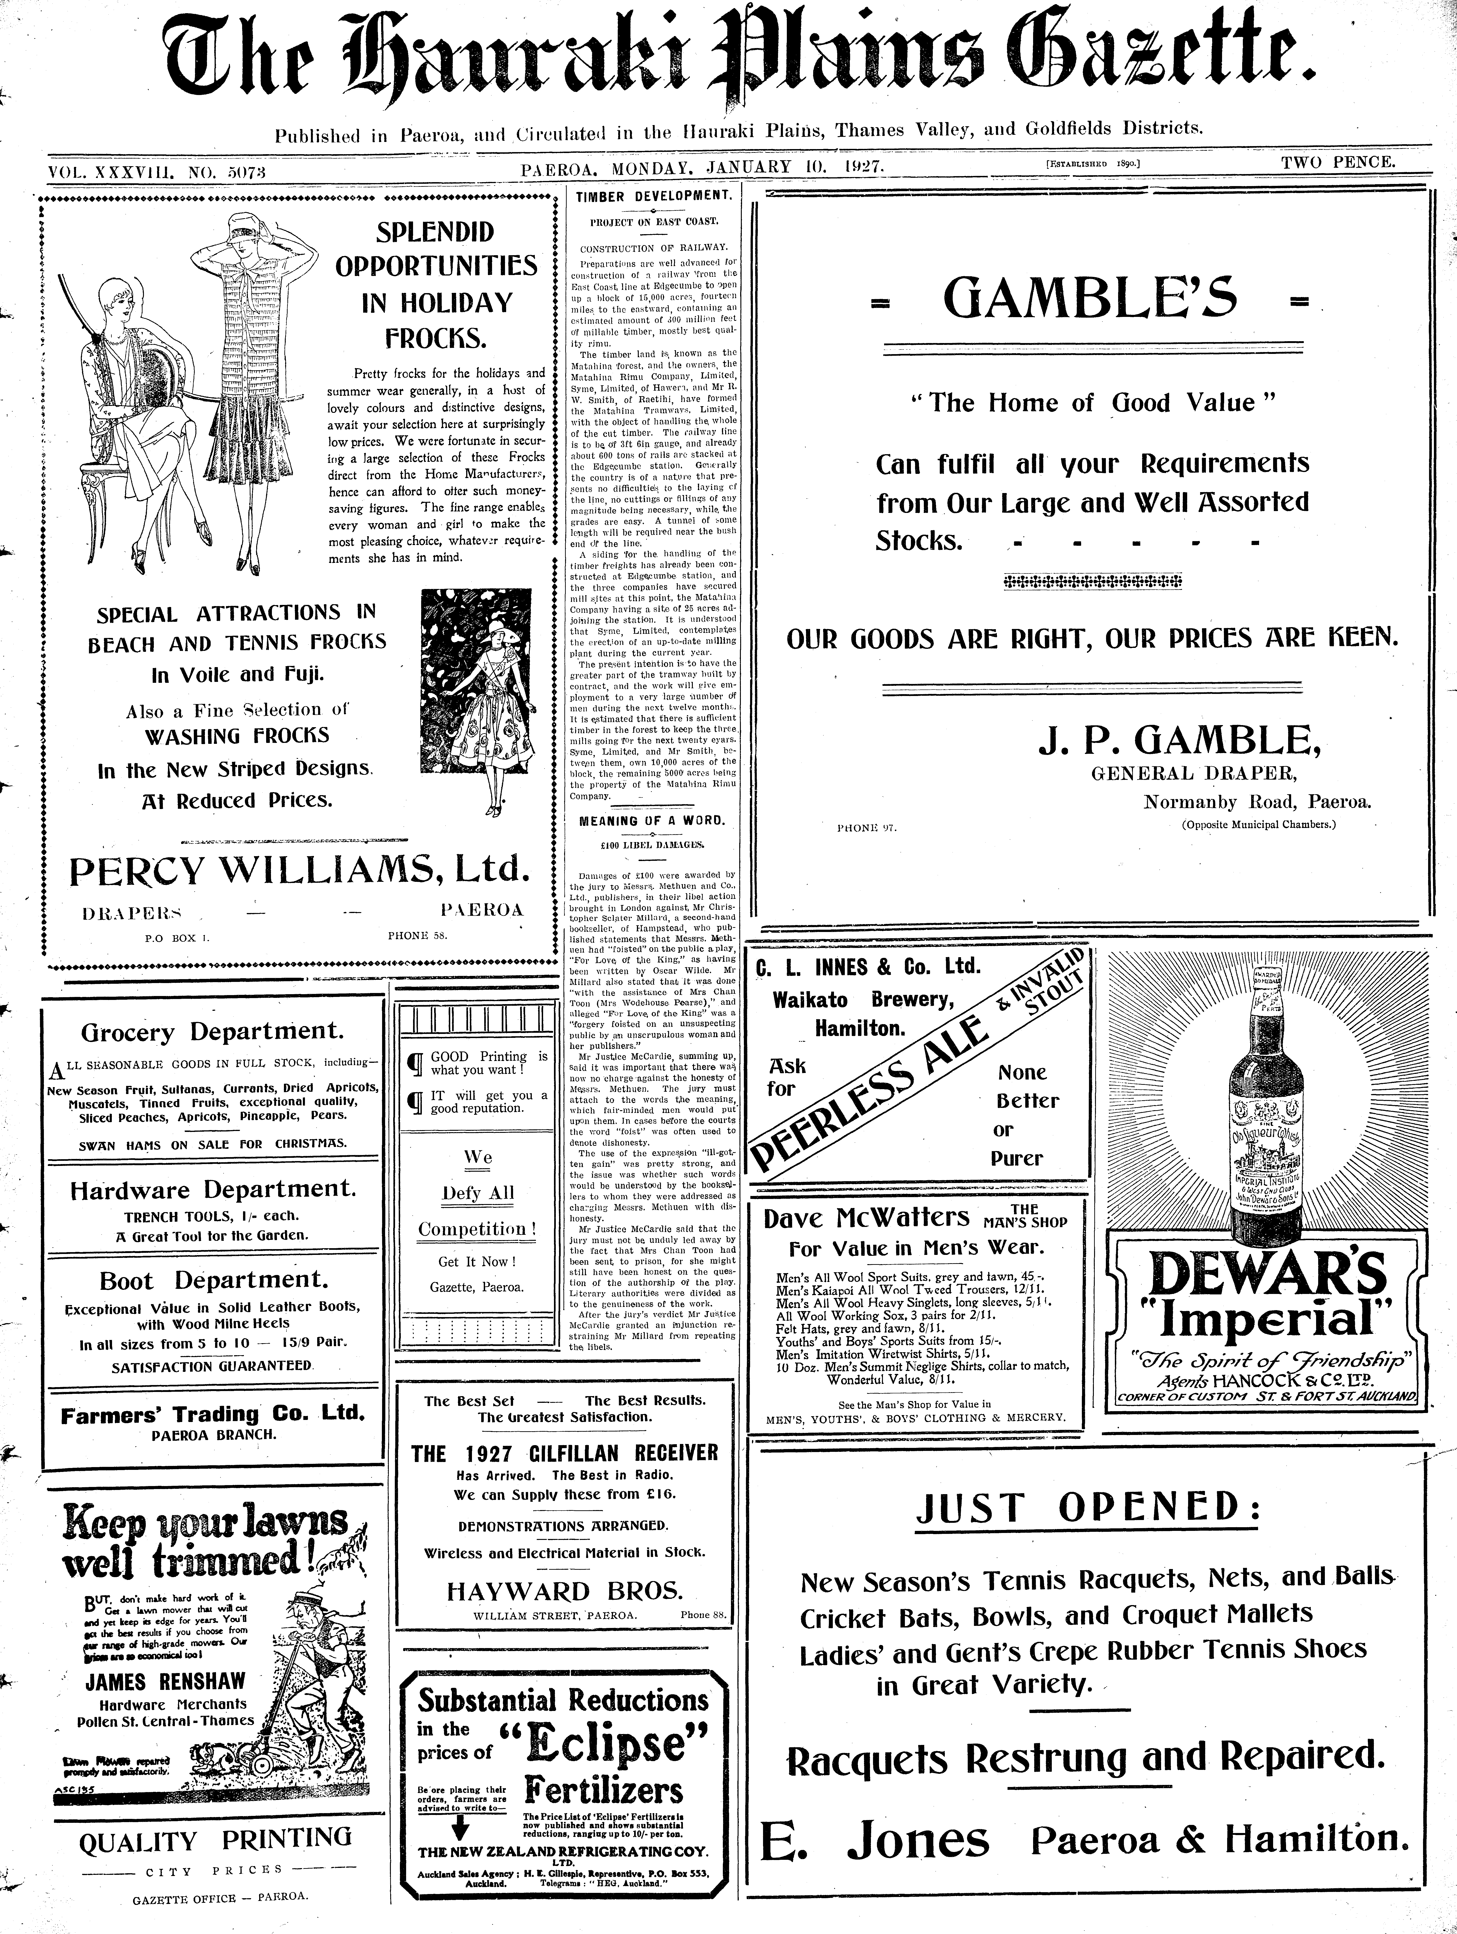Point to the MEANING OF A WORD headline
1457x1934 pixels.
(652, 821)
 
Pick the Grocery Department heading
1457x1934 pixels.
(212, 1032)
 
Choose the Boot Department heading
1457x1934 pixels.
(213, 1281)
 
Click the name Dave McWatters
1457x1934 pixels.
(866, 1218)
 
